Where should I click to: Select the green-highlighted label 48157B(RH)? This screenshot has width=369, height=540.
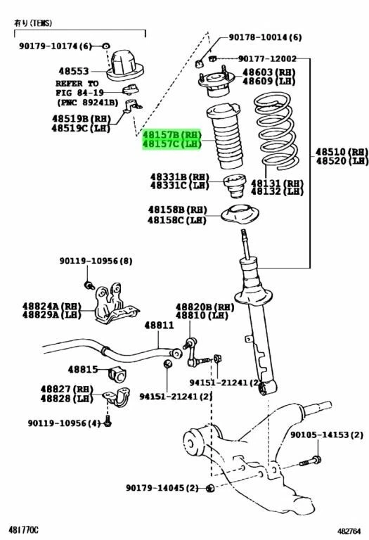[172, 134]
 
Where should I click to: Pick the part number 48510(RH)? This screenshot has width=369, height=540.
[341, 152]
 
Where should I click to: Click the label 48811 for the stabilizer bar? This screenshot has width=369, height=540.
[159, 326]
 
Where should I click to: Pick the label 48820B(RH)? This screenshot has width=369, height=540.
[204, 307]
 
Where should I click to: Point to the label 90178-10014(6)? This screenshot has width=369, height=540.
[265, 37]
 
